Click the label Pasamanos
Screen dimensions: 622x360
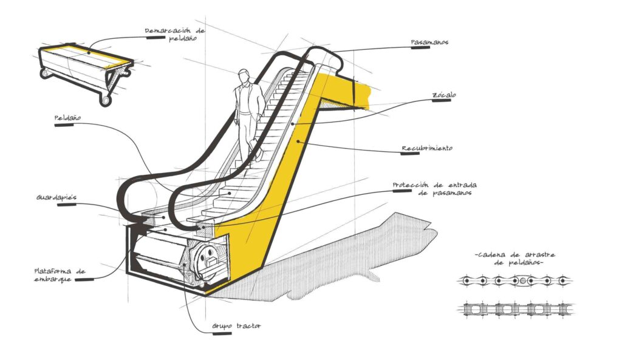[x=429, y=42]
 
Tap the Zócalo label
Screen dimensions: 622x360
[x=444, y=95]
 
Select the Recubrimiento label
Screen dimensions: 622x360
[x=427, y=148]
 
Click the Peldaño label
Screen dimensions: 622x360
[x=67, y=118]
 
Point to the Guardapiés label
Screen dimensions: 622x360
[x=56, y=197]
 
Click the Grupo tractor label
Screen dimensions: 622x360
[x=236, y=326]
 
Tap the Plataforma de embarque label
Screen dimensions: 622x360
[x=60, y=275]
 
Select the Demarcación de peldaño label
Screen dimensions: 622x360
[x=175, y=35]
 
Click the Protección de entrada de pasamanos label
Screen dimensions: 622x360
[x=435, y=189]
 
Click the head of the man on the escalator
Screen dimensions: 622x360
[x=244, y=76]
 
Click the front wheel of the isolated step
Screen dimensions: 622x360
[x=104, y=100]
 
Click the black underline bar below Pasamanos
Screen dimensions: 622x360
[x=420, y=47]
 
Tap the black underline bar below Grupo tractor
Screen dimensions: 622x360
[x=222, y=333]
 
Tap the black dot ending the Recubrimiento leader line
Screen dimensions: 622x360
[x=298, y=141]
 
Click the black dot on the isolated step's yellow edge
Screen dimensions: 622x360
[x=89, y=52]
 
